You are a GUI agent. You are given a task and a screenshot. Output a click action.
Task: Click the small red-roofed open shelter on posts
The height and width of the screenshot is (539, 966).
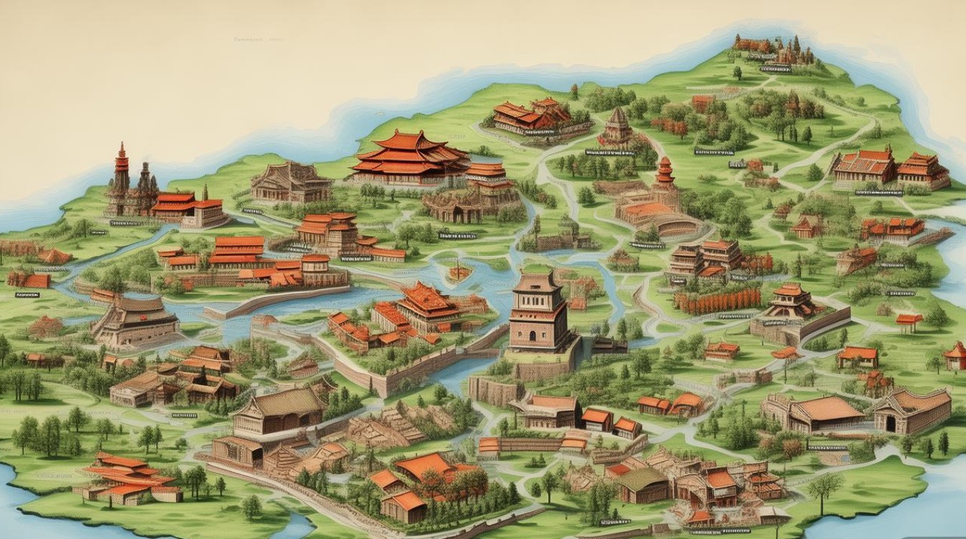tap(909, 321)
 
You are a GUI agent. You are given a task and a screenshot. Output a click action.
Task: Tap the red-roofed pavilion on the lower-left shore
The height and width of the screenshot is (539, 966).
tap(129, 478)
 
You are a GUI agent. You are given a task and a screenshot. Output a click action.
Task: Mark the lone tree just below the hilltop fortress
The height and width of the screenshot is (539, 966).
tap(737, 72)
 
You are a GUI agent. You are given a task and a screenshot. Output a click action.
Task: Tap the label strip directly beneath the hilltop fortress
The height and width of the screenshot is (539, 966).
tap(775, 69)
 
